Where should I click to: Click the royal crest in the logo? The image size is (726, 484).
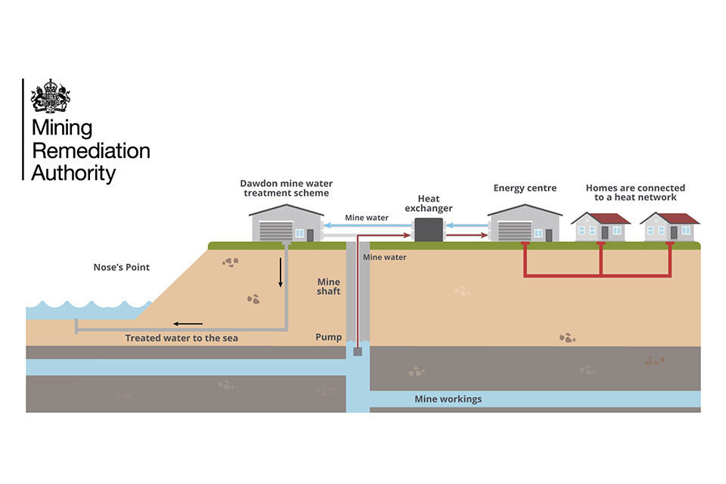click(50, 97)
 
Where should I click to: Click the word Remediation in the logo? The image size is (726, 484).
click(91, 150)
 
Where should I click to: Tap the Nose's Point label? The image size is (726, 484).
click(122, 267)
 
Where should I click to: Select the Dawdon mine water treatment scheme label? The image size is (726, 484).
click(286, 188)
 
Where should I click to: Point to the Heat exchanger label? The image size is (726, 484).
click(428, 203)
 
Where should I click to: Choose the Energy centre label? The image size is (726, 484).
click(525, 188)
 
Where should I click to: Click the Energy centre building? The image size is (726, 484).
click(524, 224)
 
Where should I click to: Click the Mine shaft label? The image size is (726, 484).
click(329, 287)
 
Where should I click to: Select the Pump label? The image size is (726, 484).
click(329, 337)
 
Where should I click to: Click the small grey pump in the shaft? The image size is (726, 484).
click(358, 352)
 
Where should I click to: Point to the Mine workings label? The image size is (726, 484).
click(448, 399)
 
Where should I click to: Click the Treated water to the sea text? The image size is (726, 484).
click(181, 338)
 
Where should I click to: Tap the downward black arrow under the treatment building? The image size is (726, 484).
click(280, 272)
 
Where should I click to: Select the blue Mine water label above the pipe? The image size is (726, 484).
click(367, 218)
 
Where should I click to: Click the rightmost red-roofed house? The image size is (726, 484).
click(669, 227)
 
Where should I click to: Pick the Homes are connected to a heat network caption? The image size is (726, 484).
click(635, 193)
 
